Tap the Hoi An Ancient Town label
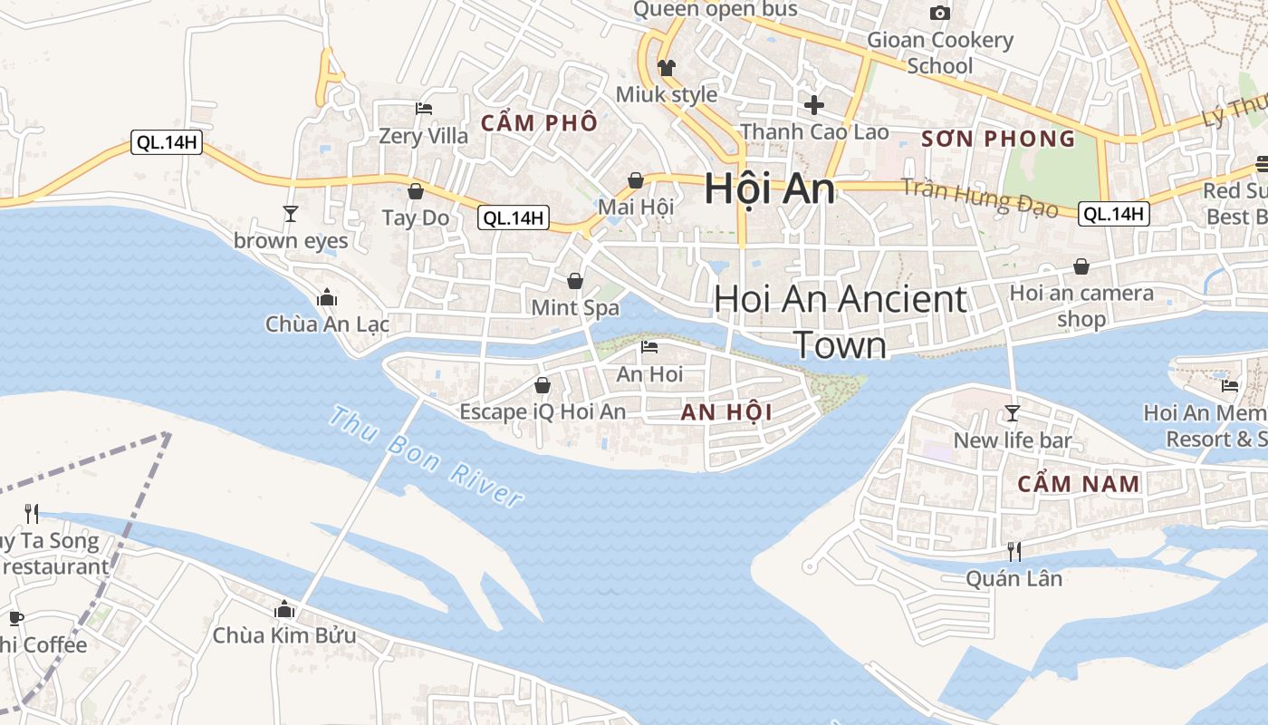click(x=841, y=322)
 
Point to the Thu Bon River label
click(x=426, y=457)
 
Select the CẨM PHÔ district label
click(x=539, y=123)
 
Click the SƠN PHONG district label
click(x=998, y=139)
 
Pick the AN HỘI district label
click(x=726, y=412)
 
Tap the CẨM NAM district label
click(x=1079, y=484)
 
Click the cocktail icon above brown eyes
click(x=290, y=214)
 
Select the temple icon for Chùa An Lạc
click(x=327, y=297)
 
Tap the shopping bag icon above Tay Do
click(x=416, y=191)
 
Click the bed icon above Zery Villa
click(x=423, y=109)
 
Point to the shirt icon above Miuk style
click(x=667, y=67)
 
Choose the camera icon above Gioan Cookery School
click(x=940, y=13)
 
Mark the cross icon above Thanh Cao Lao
click(x=814, y=104)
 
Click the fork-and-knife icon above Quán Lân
click(x=1014, y=551)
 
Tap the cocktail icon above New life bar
click(x=1013, y=413)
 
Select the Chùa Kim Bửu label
click(x=284, y=635)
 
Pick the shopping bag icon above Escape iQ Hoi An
click(x=543, y=385)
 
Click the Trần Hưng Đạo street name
click(x=980, y=198)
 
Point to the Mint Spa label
click(x=575, y=307)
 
